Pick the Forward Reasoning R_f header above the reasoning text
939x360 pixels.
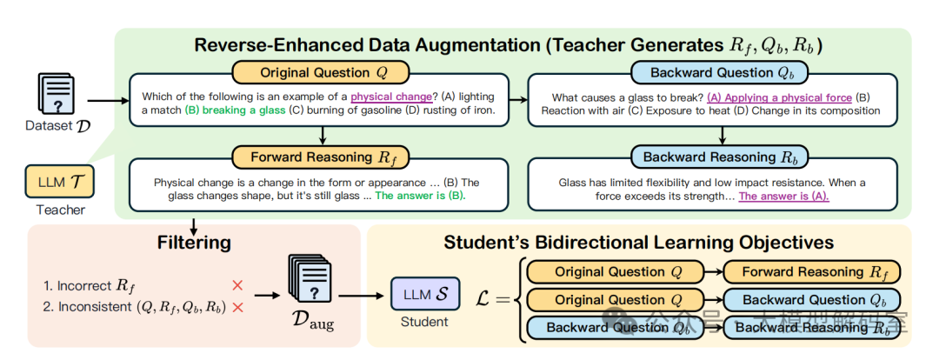(322, 157)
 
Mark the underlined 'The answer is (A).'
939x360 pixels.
(784, 196)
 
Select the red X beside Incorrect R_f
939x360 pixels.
(236, 284)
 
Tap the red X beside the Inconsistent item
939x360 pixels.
(236, 307)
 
